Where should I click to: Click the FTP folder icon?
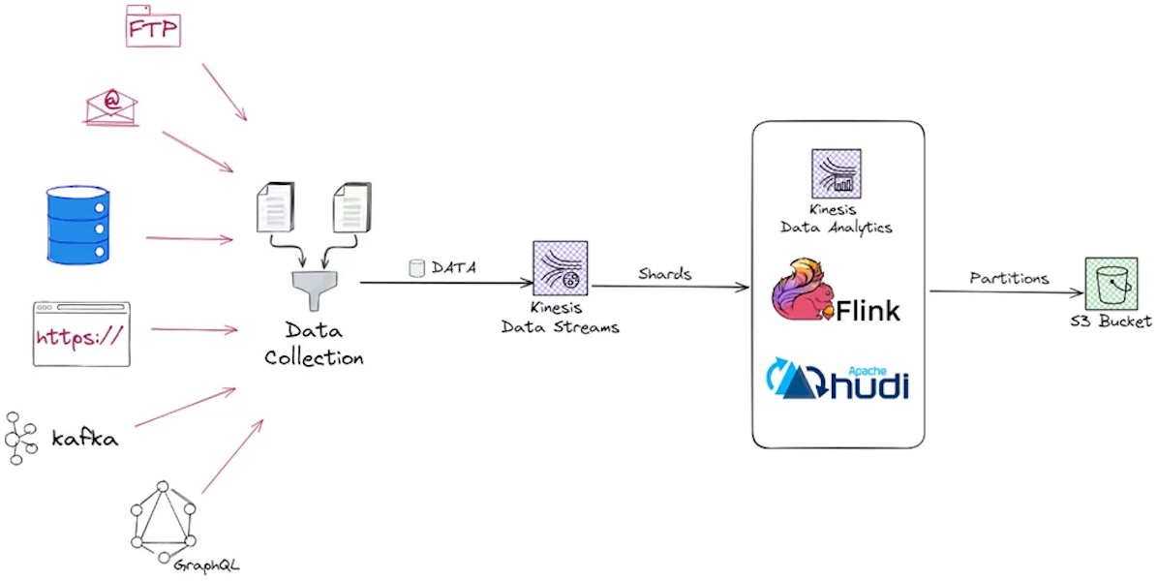(153, 26)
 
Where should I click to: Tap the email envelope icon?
(111, 106)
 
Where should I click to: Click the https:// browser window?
(81, 334)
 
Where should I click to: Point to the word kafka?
(85, 439)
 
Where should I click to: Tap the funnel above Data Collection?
(313, 288)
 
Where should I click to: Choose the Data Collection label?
(314, 344)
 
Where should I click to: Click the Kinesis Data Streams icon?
(561, 268)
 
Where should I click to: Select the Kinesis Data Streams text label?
(561, 319)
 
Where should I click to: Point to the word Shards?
(664, 274)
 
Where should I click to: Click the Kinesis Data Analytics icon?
(836, 174)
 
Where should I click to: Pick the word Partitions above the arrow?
(1009, 278)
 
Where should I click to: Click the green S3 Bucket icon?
(1111, 283)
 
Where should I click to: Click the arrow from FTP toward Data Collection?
(225, 93)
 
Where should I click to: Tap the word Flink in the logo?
(868, 310)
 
